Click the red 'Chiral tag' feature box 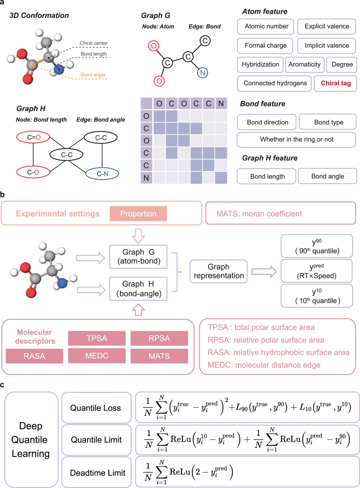(x=335, y=83)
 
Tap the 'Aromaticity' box (x=305, y=65)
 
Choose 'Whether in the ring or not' (x=296, y=140)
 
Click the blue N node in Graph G (x=202, y=73)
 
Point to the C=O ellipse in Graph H (x=33, y=137)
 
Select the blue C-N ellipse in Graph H (x=102, y=174)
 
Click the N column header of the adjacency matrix (x=221, y=104)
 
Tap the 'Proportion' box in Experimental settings (x=138, y=214)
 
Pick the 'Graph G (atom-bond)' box (x=138, y=256)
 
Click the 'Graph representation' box (x=218, y=271)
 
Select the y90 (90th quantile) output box (x=317, y=246)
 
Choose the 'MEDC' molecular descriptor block (x=97, y=356)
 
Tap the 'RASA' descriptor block (x=34, y=356)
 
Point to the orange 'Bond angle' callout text (x=93, y=75)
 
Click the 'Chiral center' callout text (x=94, y=43)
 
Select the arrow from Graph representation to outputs (x=264, y=271)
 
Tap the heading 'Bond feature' (x=263, y=104)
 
